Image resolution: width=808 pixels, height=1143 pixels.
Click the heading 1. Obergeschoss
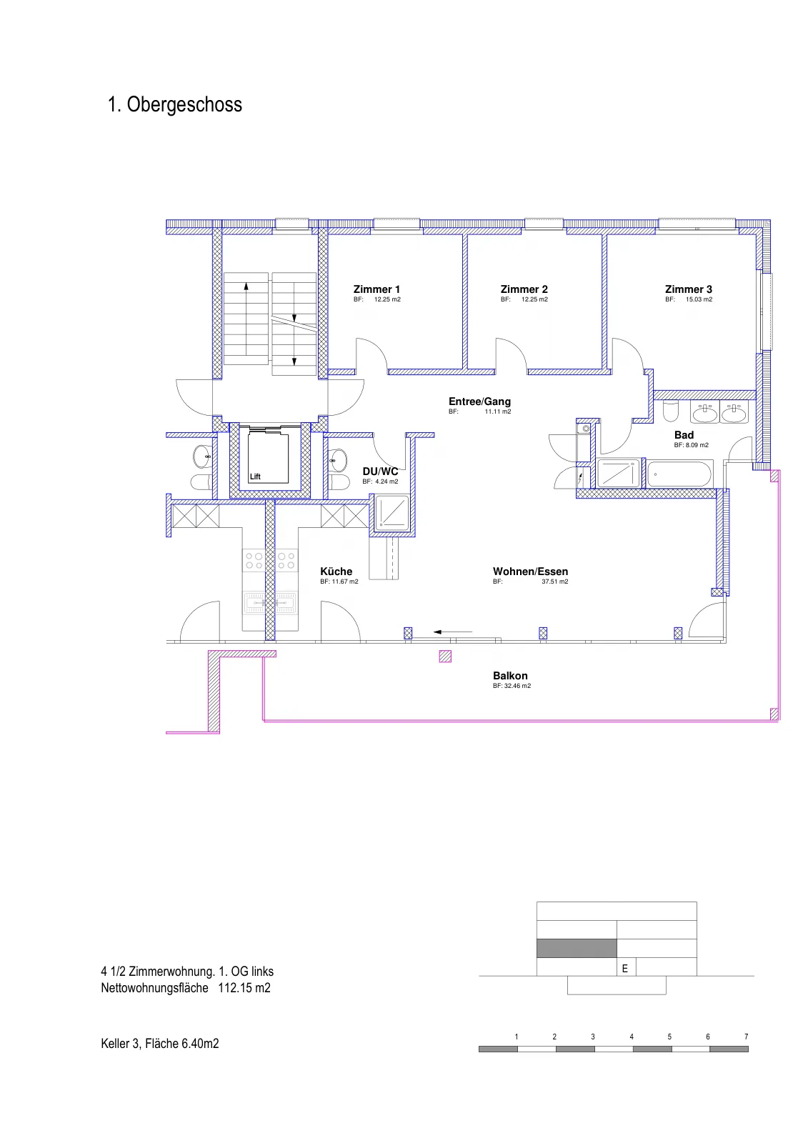[174, 104]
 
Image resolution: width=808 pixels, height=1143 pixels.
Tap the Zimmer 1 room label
[376, 289]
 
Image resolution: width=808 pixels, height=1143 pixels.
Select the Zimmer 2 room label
[524, 289]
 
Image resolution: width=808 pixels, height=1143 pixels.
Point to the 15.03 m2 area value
[699, 299]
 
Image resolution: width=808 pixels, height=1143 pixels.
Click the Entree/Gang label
[479, 401]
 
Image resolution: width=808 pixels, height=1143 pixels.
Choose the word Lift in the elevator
[255, 476]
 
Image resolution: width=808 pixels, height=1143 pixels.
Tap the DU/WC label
[380, 471]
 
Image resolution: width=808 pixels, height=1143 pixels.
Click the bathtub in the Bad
[679, 474]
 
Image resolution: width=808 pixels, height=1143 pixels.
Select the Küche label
[336, 571]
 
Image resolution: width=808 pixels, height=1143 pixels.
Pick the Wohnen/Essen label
[530, 571]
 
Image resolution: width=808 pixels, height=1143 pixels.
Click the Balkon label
[510, 676]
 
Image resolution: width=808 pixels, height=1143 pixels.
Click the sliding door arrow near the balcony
[453, 632]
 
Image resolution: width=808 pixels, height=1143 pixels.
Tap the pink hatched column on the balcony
[445, 657]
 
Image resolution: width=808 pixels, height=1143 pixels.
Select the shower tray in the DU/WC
[392, 513]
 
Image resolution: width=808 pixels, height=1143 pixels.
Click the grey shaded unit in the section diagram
[577, 948]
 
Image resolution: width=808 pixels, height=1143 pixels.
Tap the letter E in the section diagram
[625, 969]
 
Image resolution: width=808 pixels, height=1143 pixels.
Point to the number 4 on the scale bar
[632, 1037]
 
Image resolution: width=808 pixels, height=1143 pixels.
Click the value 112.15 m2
[244, 987]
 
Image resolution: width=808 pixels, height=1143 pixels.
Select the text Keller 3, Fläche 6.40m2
[160, 1044]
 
